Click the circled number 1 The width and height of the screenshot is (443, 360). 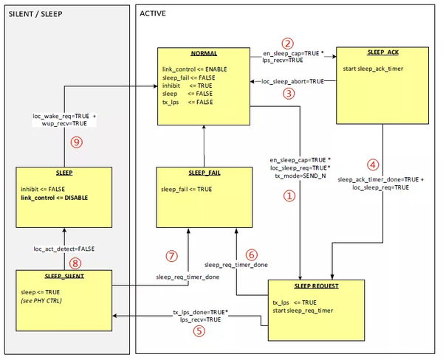[x=289, y=197]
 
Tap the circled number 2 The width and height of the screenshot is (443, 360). [x=289, y=43]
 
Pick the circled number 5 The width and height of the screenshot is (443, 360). [x=198, y=332]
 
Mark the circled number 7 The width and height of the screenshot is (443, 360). [x=172, y=256]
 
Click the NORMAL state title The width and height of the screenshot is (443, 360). [x=205, y=55]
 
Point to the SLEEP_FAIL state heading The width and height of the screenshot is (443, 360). [x=205, y=173]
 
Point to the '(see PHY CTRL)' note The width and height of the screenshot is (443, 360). [x=45, y=300]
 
